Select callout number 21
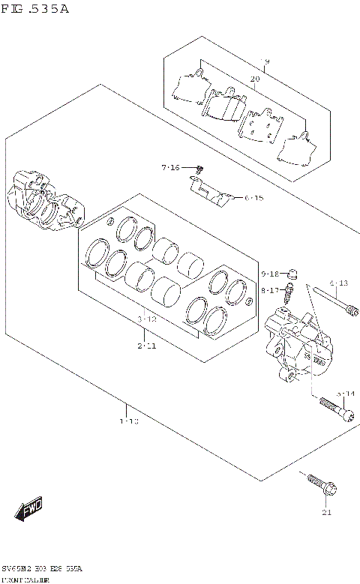point(325,513)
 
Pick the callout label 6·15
point(253,198)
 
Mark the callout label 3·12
point(147,319)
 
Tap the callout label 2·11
point(147,346)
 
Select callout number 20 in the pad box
point(254,79)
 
